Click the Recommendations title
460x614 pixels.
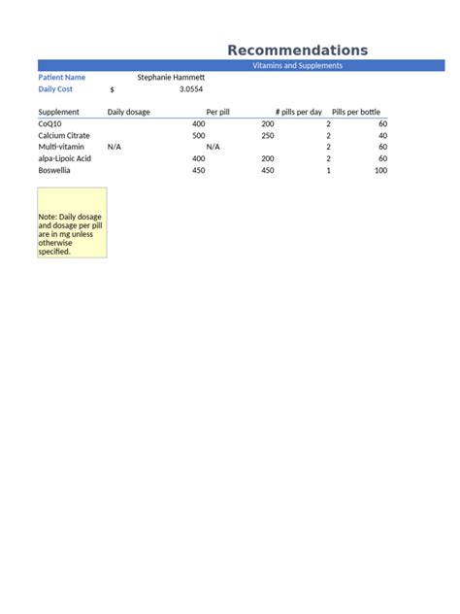pos(297,51)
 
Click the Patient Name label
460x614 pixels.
pos(61,77)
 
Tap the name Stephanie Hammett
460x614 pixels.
pos(171,77)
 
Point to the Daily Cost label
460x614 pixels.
pos(55,88)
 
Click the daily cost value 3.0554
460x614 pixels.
pos(191,88)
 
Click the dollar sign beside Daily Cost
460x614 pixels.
pos(113,89)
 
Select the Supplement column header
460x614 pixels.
pos(58,112)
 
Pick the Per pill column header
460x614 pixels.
pos(218,112)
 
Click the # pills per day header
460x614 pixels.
pos(299,112)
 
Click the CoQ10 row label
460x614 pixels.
pos(49,124)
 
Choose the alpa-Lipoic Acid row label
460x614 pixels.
pos(65,158)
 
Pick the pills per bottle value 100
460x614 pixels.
pos(380,170)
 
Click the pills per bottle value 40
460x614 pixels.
pos(382,136)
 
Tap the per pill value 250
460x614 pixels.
pos(268,136)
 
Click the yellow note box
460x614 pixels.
pos(72,222)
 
